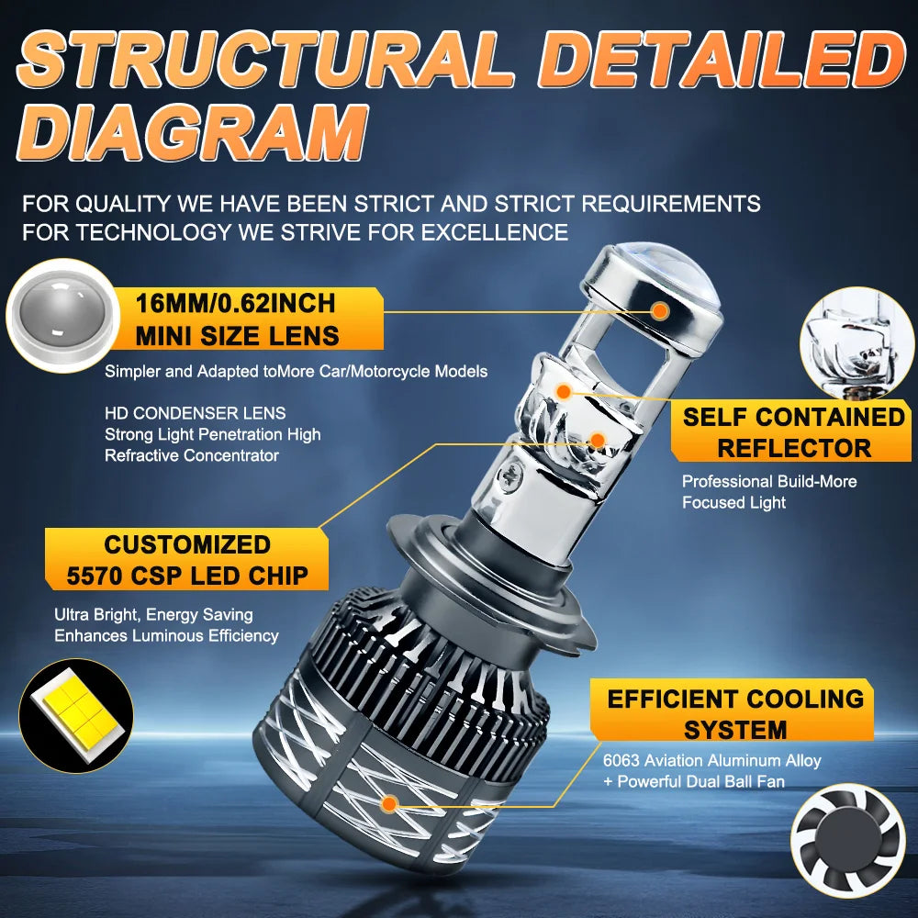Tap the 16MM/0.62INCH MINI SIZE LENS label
coord(238,319)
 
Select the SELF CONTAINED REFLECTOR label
coord(794,432)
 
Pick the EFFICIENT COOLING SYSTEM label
coord(734,713)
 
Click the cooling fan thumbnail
coord(847,841)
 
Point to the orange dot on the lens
coord(658,311)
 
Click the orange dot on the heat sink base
coord(389,805)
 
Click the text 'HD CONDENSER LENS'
coord(195,413)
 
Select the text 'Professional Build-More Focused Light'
coord(768,491)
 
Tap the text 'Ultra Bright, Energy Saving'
coord(153,614)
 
